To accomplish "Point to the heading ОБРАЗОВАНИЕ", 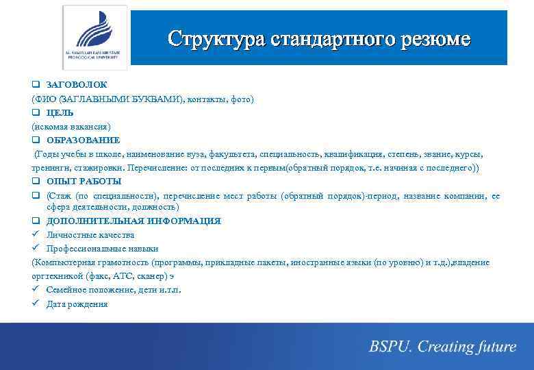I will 83,140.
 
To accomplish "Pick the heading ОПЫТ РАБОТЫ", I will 84,181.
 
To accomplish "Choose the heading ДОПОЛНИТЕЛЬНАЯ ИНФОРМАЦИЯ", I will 133,221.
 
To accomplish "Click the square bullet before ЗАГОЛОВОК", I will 36,85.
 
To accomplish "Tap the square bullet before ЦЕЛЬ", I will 36,112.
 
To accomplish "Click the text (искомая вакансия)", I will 71,126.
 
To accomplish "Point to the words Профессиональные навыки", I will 102,248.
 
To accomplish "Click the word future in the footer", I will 492,347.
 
